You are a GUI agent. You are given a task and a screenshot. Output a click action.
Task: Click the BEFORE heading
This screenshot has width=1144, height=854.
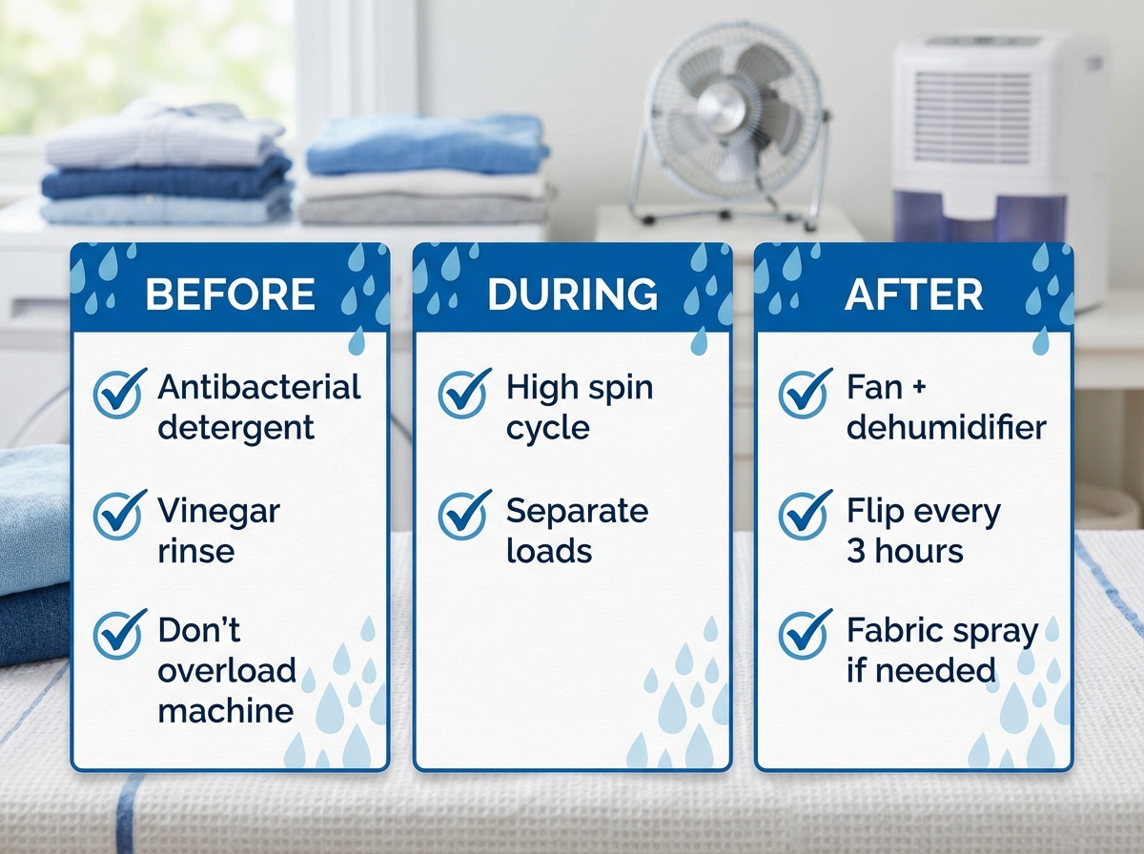point(230,295)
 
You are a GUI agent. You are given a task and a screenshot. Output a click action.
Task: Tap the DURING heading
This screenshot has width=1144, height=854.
point(572,295)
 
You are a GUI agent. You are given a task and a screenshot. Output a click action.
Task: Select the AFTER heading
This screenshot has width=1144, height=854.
point(913,295)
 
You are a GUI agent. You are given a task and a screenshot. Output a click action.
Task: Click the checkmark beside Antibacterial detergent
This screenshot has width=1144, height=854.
point(119,393)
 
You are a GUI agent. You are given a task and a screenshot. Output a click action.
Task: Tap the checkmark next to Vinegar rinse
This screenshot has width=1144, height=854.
point(119,516)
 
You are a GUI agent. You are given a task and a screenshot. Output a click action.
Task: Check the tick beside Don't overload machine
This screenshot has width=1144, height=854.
point(119,635)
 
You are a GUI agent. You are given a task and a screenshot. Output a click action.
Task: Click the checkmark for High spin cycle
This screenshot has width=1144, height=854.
point(464,393)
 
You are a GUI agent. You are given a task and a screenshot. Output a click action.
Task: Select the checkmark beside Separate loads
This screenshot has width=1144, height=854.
point(464,516)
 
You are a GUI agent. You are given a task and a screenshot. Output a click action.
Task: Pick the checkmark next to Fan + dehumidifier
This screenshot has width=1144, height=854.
point(805,393)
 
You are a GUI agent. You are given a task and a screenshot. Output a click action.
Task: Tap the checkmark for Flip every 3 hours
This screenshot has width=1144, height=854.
point(805,516)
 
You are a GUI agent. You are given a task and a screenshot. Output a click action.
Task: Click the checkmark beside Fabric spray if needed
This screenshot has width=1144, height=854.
point(805,635)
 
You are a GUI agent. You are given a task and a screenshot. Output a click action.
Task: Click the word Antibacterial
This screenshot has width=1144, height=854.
point(259,387)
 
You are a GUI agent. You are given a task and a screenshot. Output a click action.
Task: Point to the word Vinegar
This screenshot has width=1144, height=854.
point(219,512)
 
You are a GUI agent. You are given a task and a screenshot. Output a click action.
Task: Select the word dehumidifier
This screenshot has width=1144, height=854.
point(946,427)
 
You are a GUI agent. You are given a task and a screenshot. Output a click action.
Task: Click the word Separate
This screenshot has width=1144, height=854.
point(577,511)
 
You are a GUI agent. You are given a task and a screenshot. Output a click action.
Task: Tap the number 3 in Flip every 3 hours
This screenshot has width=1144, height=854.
point(855,551)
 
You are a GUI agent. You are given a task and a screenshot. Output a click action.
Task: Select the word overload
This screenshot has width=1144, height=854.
point(227,670)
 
